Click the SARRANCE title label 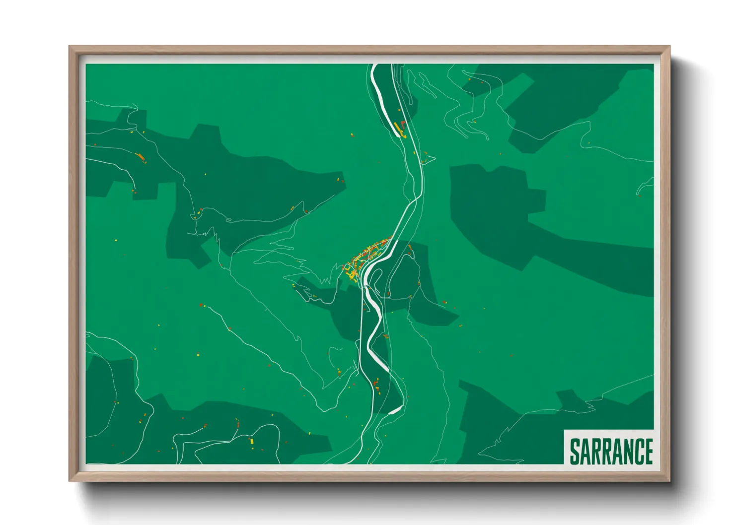(x=610, y=451)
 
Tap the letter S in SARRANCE (x=575, y=451)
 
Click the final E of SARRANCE (x=647, y=451)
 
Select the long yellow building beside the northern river (x=398, y=129)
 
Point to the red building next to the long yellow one (x=403, y=124)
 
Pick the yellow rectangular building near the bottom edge (x=252, y=441)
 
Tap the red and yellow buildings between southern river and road (x=376, y=385)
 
